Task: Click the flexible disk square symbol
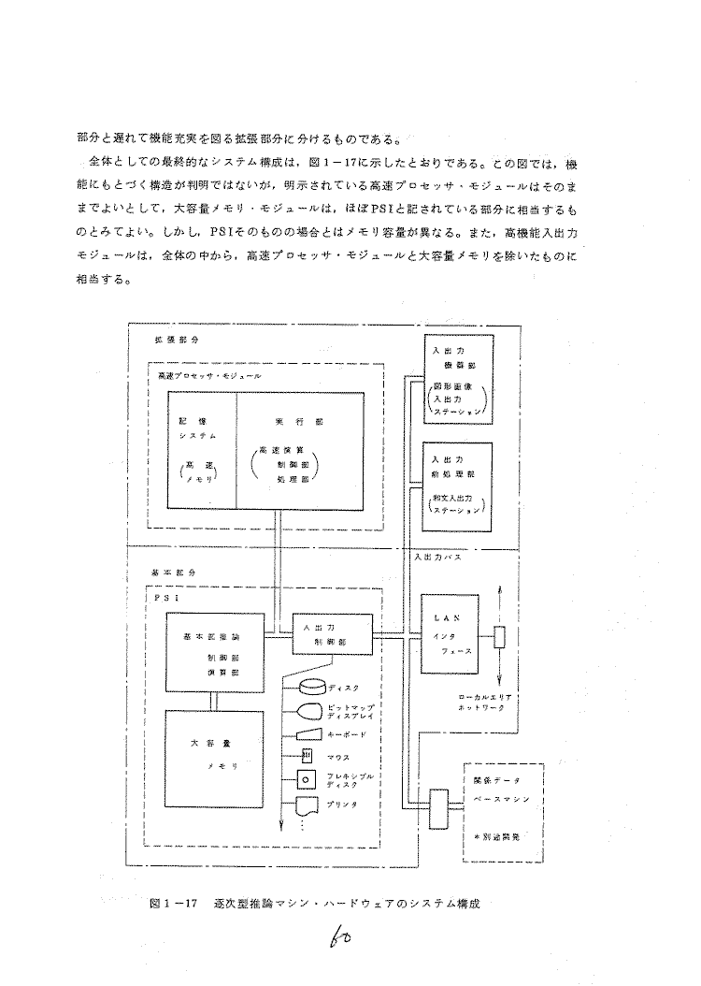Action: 305,778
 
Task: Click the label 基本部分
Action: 170,571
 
